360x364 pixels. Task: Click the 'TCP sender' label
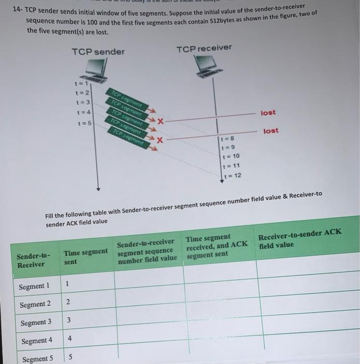click(98, 51)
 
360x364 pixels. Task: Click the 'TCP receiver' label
click(204, 48)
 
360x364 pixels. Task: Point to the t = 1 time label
click(83, 83)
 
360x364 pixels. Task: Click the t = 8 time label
click(228, 139)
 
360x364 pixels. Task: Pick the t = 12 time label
click(232, 176)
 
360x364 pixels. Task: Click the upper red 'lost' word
click(268, 113)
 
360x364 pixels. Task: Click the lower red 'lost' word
click(271, 131)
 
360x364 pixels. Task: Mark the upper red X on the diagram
click(161, 121)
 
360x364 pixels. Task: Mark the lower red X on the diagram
click(161, 140)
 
